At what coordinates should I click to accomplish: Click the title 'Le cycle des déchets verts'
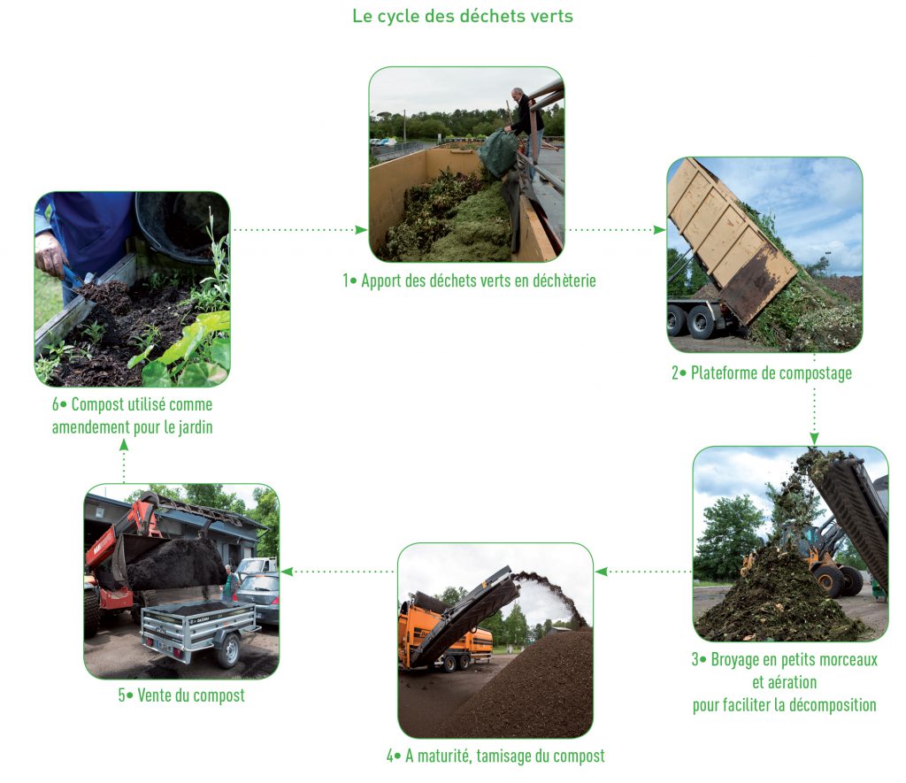462,16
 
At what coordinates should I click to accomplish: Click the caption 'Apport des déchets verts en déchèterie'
469,281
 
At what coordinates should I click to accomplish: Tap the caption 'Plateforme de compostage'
761,372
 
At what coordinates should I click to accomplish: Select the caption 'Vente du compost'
181,695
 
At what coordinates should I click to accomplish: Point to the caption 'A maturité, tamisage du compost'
495,756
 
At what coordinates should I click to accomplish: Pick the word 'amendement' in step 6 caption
90,425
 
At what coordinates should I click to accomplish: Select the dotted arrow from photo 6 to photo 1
299,230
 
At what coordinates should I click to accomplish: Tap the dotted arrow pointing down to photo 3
814,416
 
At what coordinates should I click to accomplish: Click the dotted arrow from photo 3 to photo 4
643,572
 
